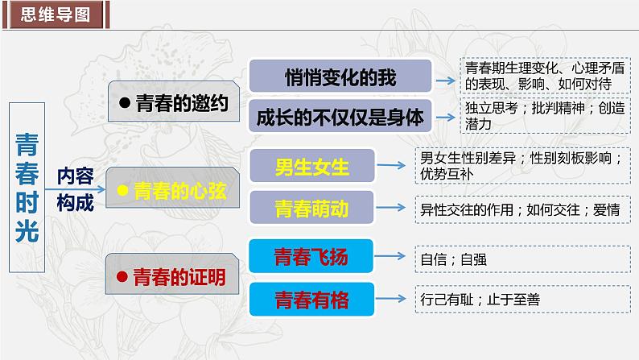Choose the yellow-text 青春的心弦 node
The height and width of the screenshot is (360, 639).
172,191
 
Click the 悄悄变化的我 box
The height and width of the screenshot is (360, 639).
341,78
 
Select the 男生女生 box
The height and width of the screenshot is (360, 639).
311,168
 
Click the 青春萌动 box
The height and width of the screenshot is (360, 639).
311,209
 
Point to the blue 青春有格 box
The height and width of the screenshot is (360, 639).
311,300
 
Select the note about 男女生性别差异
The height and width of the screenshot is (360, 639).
524,165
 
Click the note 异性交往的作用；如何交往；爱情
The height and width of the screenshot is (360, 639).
524,209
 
